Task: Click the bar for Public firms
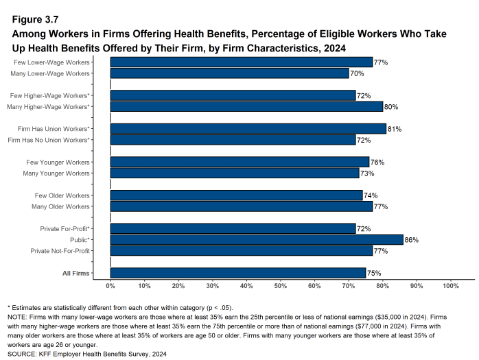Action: coord(256,240)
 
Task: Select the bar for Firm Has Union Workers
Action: coord(248,129)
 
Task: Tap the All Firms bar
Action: coord(237,273)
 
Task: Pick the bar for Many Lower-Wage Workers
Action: coord(229,73)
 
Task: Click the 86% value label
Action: coord(412,240)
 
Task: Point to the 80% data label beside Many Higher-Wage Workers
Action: coord(391,107)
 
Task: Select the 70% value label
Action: coord(357,73)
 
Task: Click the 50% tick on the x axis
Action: coord(280,285)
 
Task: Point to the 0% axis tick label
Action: coord(110,285)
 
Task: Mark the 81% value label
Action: coord(395,129)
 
